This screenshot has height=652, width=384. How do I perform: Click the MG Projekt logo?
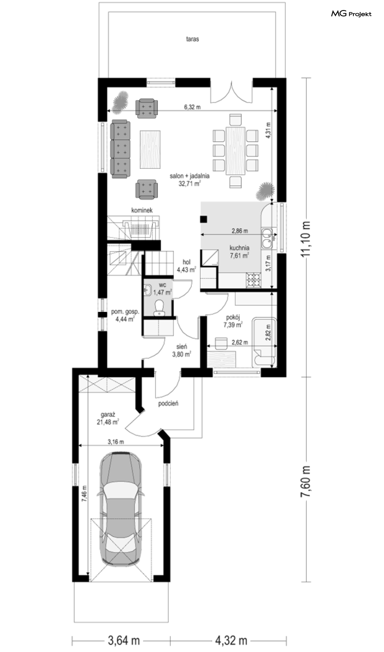[351, 14]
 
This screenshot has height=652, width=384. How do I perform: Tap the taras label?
[192, 39]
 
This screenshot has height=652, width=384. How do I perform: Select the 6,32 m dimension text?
[192, 107]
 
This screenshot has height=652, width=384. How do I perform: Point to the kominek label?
[142, 210]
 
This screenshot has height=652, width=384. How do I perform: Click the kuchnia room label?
[239, 248]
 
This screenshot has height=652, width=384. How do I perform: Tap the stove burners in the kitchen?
[254, 279]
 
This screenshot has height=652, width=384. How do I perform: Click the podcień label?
[168, 403]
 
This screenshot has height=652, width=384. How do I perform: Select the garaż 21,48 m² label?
[108, 418]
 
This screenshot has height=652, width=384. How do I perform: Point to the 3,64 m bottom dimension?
[124, 640]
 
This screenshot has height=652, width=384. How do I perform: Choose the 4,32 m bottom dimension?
[231, 640]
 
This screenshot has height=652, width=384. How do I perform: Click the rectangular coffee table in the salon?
[150, 149]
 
